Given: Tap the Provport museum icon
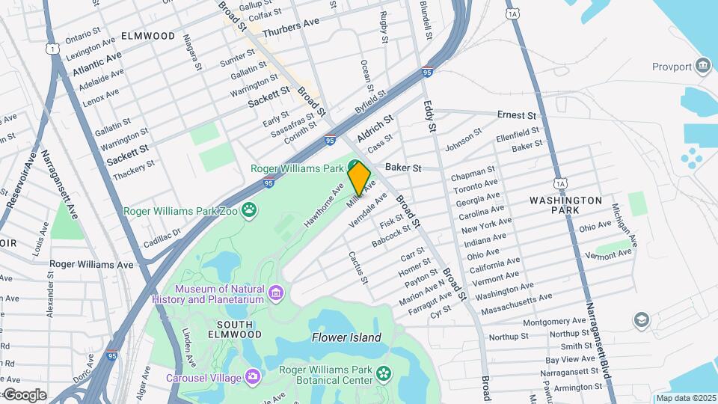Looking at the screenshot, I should point(702,66).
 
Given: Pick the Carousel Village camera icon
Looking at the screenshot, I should point(252,376).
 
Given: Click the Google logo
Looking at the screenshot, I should point(24,395).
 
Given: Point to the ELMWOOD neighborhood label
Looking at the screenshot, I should point(147,36).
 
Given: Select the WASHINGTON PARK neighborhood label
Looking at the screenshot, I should point(565,206).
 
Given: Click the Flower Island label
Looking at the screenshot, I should point(346,337).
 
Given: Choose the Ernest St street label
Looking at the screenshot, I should point(517,116).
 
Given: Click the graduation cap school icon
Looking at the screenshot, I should point(640,321).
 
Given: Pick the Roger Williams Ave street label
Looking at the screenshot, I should point(90,264).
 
